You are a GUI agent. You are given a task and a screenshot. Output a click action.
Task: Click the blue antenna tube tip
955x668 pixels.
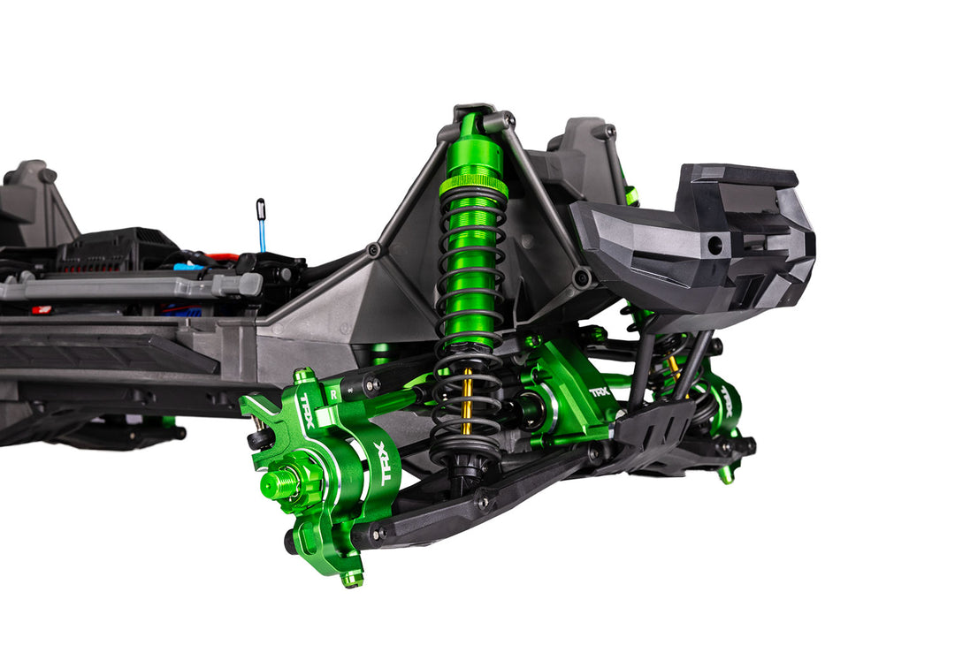[262, 209]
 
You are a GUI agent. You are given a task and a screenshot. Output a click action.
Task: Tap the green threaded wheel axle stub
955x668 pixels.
[281, 484]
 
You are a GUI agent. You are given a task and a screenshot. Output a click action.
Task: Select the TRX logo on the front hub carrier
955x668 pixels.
[386, 462]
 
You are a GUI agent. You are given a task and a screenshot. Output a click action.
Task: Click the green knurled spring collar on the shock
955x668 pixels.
[473, 186]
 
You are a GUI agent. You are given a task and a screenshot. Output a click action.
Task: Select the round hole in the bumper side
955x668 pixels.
[714, 246]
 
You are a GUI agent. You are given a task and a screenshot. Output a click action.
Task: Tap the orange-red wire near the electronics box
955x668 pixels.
[223, 257]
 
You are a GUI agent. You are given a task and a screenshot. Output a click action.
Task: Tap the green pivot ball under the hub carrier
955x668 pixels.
[353, 579]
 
